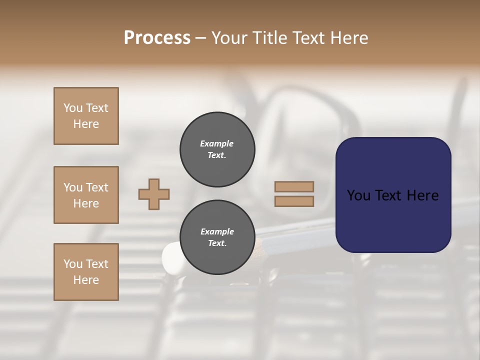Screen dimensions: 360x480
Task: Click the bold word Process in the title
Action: click(157, 38)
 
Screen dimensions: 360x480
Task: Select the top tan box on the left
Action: click(86, 116)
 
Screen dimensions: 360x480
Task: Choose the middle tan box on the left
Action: click(86, 195)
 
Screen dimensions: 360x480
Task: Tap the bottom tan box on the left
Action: click(86, 272)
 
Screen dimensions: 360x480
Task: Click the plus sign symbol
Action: click(154, 194)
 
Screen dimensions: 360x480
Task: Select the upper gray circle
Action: click(217, 149)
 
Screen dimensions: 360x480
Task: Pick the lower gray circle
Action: click(217, 237)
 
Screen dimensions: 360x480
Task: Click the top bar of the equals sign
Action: click(294, 186)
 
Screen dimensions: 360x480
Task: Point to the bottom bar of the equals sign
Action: click(294, 201)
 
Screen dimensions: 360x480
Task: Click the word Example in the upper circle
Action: click(217, 143)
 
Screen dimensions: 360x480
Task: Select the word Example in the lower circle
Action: click(217, 231)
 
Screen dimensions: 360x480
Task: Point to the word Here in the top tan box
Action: click(86, 124)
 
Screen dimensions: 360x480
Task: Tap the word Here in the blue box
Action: click(422, 195)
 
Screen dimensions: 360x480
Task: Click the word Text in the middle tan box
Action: click(96, 187)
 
